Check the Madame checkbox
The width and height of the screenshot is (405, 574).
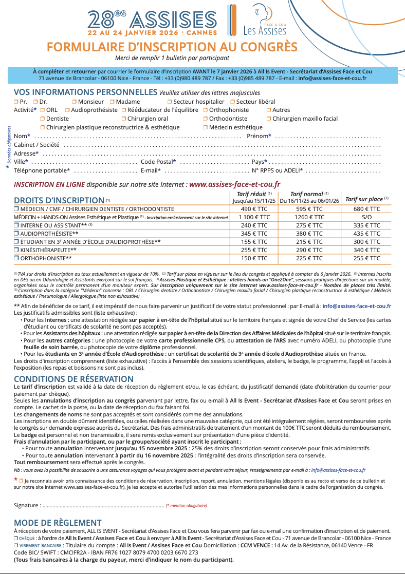(x=112, y=102)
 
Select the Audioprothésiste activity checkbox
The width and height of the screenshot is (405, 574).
(x=67, y=110)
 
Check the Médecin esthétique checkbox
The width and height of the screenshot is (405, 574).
(x=205, y=127)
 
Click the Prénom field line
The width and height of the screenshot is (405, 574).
(x=327, y=137)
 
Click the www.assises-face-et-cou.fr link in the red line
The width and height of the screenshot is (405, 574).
(x=235, y=184)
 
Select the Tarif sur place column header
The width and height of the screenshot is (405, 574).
(x=367, y=199)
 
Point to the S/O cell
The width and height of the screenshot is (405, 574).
(x=367, y=217)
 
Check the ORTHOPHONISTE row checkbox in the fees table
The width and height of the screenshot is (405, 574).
(x=16, y=258)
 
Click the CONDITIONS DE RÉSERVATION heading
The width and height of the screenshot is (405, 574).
(x=67, y=378)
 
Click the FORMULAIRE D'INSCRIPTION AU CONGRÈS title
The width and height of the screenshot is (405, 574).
(x=172, y=47)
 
